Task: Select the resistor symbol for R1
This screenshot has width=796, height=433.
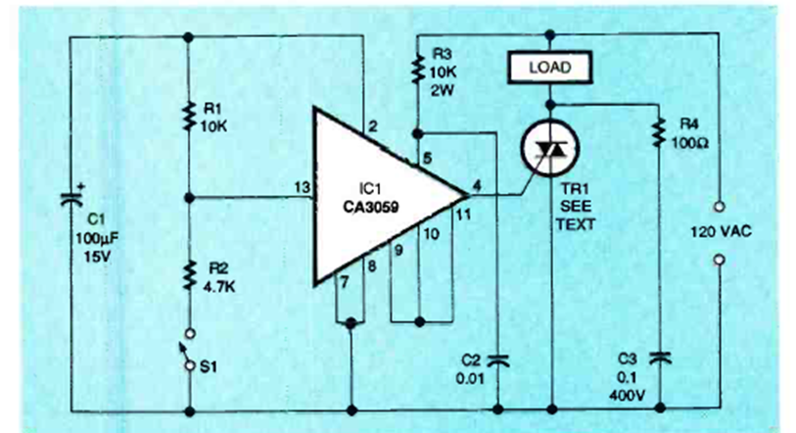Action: click(187, 117)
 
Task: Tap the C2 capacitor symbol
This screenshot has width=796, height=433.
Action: click(497, 359)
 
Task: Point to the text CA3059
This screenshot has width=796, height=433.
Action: click(374, 207)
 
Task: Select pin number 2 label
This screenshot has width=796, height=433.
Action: click(373, 125)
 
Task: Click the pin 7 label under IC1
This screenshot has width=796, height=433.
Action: click(342, 282)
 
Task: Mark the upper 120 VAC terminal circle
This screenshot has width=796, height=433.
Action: click(719, 207)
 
